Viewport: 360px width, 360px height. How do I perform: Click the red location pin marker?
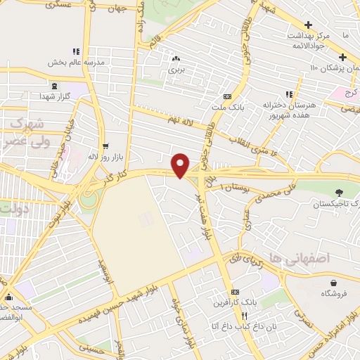coord(181,165)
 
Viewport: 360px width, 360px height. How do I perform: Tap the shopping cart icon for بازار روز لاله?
coord(105,147)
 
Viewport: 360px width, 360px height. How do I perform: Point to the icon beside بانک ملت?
coord(226,96)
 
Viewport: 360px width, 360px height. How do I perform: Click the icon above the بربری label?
coord(175,59)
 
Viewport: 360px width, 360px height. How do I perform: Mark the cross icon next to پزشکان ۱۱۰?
coord(342,58)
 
